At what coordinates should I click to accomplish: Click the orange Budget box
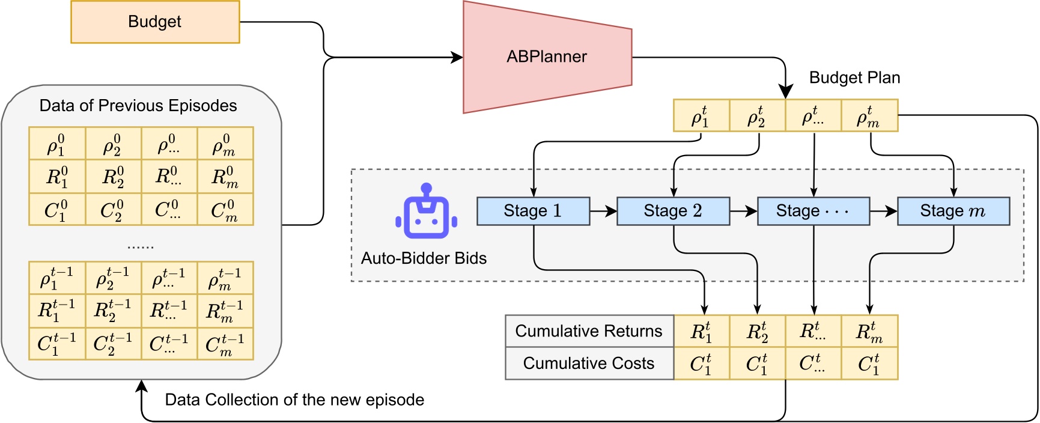click(155, 22)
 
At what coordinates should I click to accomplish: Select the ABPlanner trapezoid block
click(547, 57)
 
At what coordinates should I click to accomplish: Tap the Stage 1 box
click(533, 211)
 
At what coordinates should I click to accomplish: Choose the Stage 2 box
click(673, 211)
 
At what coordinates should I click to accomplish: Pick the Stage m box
click(953, 211)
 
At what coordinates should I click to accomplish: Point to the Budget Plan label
click(854, 78)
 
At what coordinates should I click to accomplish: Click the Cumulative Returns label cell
click(589, 331)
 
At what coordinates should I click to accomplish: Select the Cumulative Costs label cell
click(589, 364)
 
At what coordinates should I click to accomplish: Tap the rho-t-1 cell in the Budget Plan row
click(701, 116)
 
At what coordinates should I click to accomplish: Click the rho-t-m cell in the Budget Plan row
click(869, 116)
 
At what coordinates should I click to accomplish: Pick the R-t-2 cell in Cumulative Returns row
click(757, 331)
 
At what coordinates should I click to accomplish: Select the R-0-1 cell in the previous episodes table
click(57, 177)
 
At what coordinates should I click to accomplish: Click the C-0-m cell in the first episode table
click(225, 210)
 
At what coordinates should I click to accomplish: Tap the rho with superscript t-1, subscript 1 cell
click(57, 278)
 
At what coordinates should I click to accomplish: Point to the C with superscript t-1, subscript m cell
click(225, 344)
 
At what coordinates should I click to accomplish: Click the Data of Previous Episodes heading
click(138, 106)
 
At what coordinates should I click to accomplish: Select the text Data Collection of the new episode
click(294, 400)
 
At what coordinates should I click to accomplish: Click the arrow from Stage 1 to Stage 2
click(603, 211)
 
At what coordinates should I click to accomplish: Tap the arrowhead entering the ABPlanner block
click(457, 58)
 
